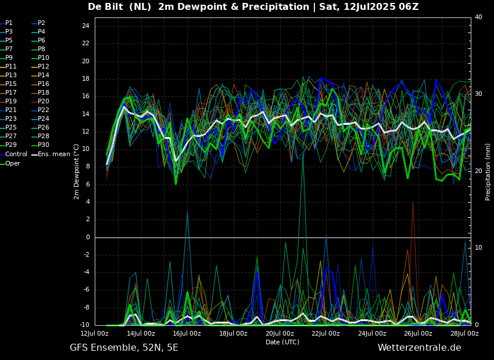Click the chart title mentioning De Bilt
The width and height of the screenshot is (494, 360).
click(253, 7)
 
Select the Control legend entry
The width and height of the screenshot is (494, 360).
click(16, 154)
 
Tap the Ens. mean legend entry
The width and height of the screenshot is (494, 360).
click(53, 154)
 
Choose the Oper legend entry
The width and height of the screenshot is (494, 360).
click(13, 163)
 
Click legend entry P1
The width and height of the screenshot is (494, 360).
click(9, 23)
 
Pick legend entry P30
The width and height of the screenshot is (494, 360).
click(44, 145)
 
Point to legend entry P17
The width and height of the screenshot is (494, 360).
click(11, 92)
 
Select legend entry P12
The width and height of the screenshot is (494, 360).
click(44, 66)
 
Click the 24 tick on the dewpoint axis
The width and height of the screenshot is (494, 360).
click(85, 26)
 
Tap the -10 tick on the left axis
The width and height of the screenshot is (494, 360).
click(84, 325)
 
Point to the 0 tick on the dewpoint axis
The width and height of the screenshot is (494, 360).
click(87, 237)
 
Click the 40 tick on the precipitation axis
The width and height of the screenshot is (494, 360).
click(478, 17)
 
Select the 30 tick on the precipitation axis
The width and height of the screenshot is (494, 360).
click(478, 93)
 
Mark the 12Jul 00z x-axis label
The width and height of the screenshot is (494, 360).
click(94, 333)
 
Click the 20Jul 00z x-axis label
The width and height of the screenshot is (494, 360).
click(280, 333)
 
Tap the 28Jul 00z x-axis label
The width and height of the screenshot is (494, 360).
click(464, 333)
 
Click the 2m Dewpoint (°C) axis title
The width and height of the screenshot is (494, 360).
click(77, 171)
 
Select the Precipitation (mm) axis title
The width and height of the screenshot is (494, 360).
click(488, 171)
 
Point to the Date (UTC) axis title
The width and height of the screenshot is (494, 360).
click(282, 342)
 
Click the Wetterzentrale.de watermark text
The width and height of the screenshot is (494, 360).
click(419, 348)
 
